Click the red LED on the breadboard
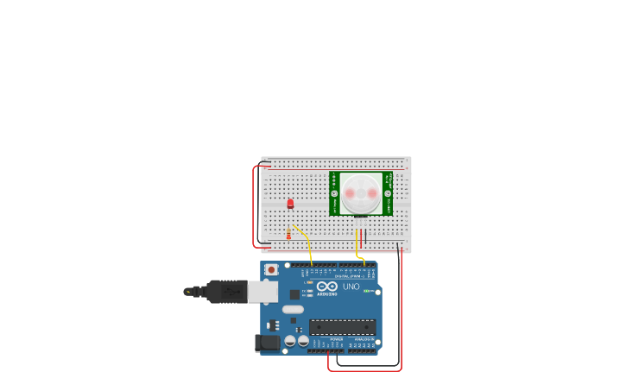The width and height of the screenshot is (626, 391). pyautogui.click(x=290, y=204)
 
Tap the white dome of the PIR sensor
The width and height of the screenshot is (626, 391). pyautogui.click(x=360, y=193)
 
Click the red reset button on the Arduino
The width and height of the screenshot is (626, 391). pyautogui.click(x=271, y=269)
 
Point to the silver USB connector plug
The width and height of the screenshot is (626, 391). pyautogui.click(x=262, y=292)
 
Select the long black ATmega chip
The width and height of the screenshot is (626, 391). pyautogui.click(x=342, y=327)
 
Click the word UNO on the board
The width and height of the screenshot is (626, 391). pyautogui.click(x=351, y=287)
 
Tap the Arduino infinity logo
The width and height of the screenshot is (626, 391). pyautogui.click(x=327, y=286)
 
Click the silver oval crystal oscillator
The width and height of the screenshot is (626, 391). pyautogui.click(x=293, y=309)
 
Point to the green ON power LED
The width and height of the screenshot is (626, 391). pyautogui.click(x=366, y=291)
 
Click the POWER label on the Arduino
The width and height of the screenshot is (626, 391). pyautogui.click(x=335, y=340)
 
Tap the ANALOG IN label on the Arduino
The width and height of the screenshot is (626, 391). pyautogui.click(x=364, y=340)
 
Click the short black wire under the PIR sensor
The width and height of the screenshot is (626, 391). pyautogui.click(x=365, y=235)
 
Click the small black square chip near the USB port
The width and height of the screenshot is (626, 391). pyautogui.click(x=294, y=294)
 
